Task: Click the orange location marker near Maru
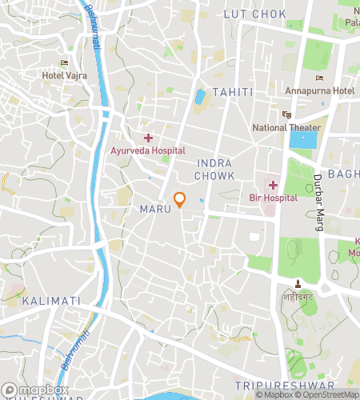point(180,200)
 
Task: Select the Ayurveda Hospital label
point(148,150)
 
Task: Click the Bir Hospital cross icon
point(273,185)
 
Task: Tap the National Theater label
point(286,127)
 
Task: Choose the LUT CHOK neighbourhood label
point(254,14)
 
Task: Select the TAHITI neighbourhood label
point(232,93)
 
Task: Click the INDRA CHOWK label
point(215,169)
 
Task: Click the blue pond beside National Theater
point(302,138)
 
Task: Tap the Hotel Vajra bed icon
point(64,62)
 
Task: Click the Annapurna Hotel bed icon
point(319,78)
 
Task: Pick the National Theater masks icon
point(286,115)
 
